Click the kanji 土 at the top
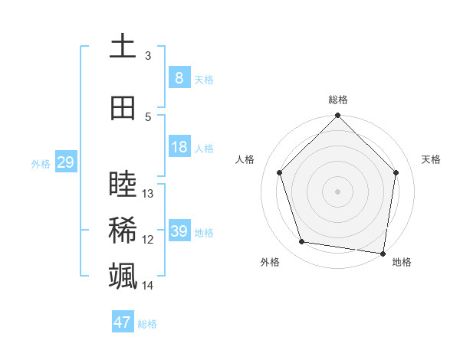tap(123, 46)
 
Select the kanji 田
tap(123, 108)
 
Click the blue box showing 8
tap(179, 78)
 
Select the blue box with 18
tap(179, 148)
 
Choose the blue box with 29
tap(65, 162)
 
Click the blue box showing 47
tap(123, 322)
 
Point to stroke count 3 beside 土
tap(148, 56)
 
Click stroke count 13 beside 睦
tap(148, 194)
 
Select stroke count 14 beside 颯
tap(148, 286)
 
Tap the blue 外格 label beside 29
tap(41, 163)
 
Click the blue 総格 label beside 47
tap(147, 324)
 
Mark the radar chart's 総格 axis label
tap(337, 100)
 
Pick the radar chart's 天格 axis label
tap(432, 159)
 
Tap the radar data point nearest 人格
tap(280, 172)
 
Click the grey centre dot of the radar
tap(337, 191)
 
